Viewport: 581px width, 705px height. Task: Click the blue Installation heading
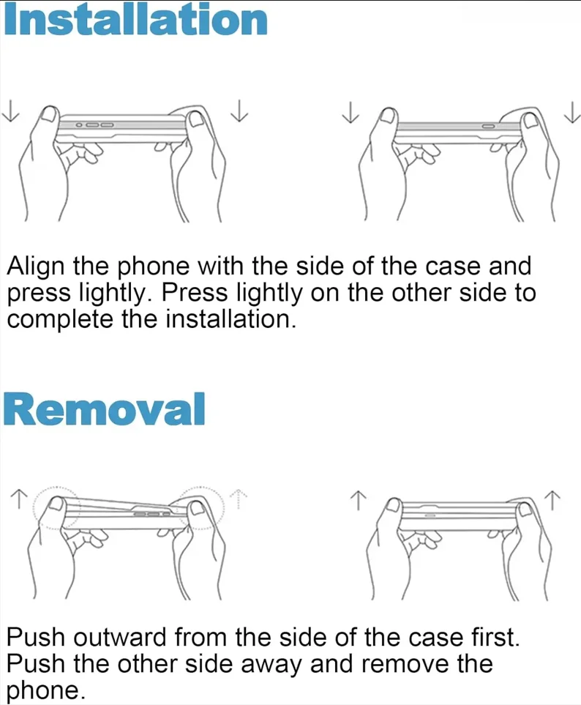point(136,20)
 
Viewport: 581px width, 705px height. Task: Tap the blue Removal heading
point(104,409)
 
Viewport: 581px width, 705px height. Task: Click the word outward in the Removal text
point(119,637)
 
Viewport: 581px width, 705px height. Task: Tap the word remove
point(402,664)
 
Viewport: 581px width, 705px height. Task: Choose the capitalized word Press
point(195,293)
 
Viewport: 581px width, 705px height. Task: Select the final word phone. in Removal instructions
point(45,690)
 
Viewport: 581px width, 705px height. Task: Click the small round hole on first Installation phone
point(78,124)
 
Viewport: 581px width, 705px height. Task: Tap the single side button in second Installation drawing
point(489,126)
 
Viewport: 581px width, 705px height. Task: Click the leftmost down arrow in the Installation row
point(10,111)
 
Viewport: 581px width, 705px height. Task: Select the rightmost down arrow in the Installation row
point(572,113)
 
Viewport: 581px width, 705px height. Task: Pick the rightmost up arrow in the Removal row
point(552,501)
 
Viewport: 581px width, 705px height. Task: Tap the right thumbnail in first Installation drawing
point(196,119)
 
